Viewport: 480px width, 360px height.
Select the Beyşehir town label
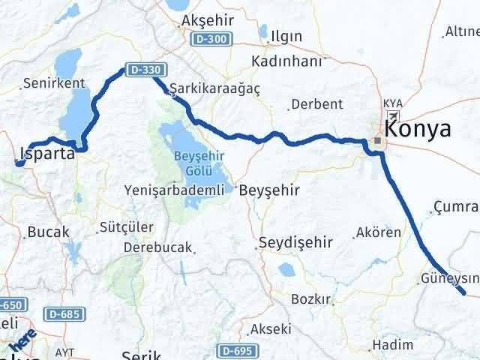click(270, 190)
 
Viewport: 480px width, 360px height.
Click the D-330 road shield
click(139, 68)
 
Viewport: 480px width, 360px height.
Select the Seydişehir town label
click(294, 242)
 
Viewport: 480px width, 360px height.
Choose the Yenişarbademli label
click(175, 190)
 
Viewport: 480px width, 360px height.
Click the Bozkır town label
click(311, 299)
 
